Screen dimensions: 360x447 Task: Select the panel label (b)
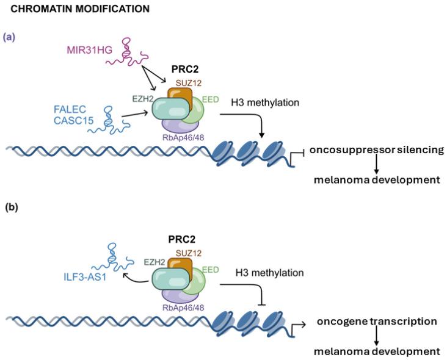(x=11, y=207)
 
